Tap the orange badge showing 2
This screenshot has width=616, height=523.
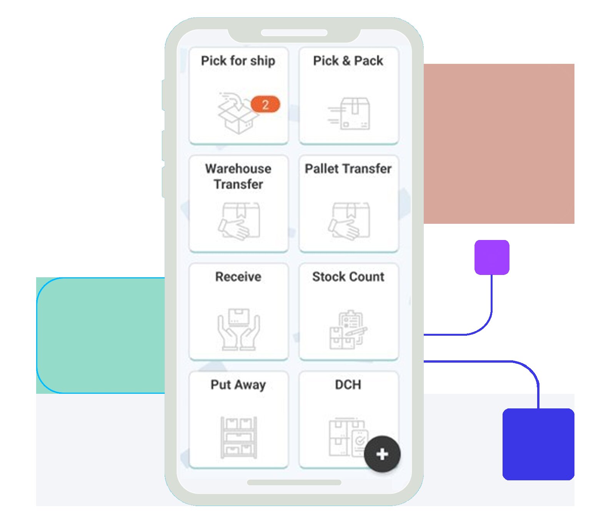click(x=265, y=104)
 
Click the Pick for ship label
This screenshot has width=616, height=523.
click(x=238, y=61)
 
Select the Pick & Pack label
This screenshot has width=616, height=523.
click(x=348, y=61)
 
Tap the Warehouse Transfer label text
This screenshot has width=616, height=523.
click(x=238, y=177)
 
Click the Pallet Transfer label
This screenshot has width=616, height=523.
click(x=348, y=169)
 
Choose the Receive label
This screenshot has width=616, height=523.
click(x=238, y=277)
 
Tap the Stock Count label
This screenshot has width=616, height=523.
click(x=348, y=277)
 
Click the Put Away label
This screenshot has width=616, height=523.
click(x=238, y=385)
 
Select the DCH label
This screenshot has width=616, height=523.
click(x=348, y=385)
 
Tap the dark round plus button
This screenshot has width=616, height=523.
click(x=382, y=454)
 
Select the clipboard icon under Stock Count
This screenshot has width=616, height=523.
click(x=348, y=330)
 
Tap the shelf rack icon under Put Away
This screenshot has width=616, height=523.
click(x=239, y=438)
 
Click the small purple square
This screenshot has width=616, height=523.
click(x=492, y=257)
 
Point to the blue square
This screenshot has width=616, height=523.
click(x=538, y=444)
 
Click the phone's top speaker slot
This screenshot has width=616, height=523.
click(x=294, y=33)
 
